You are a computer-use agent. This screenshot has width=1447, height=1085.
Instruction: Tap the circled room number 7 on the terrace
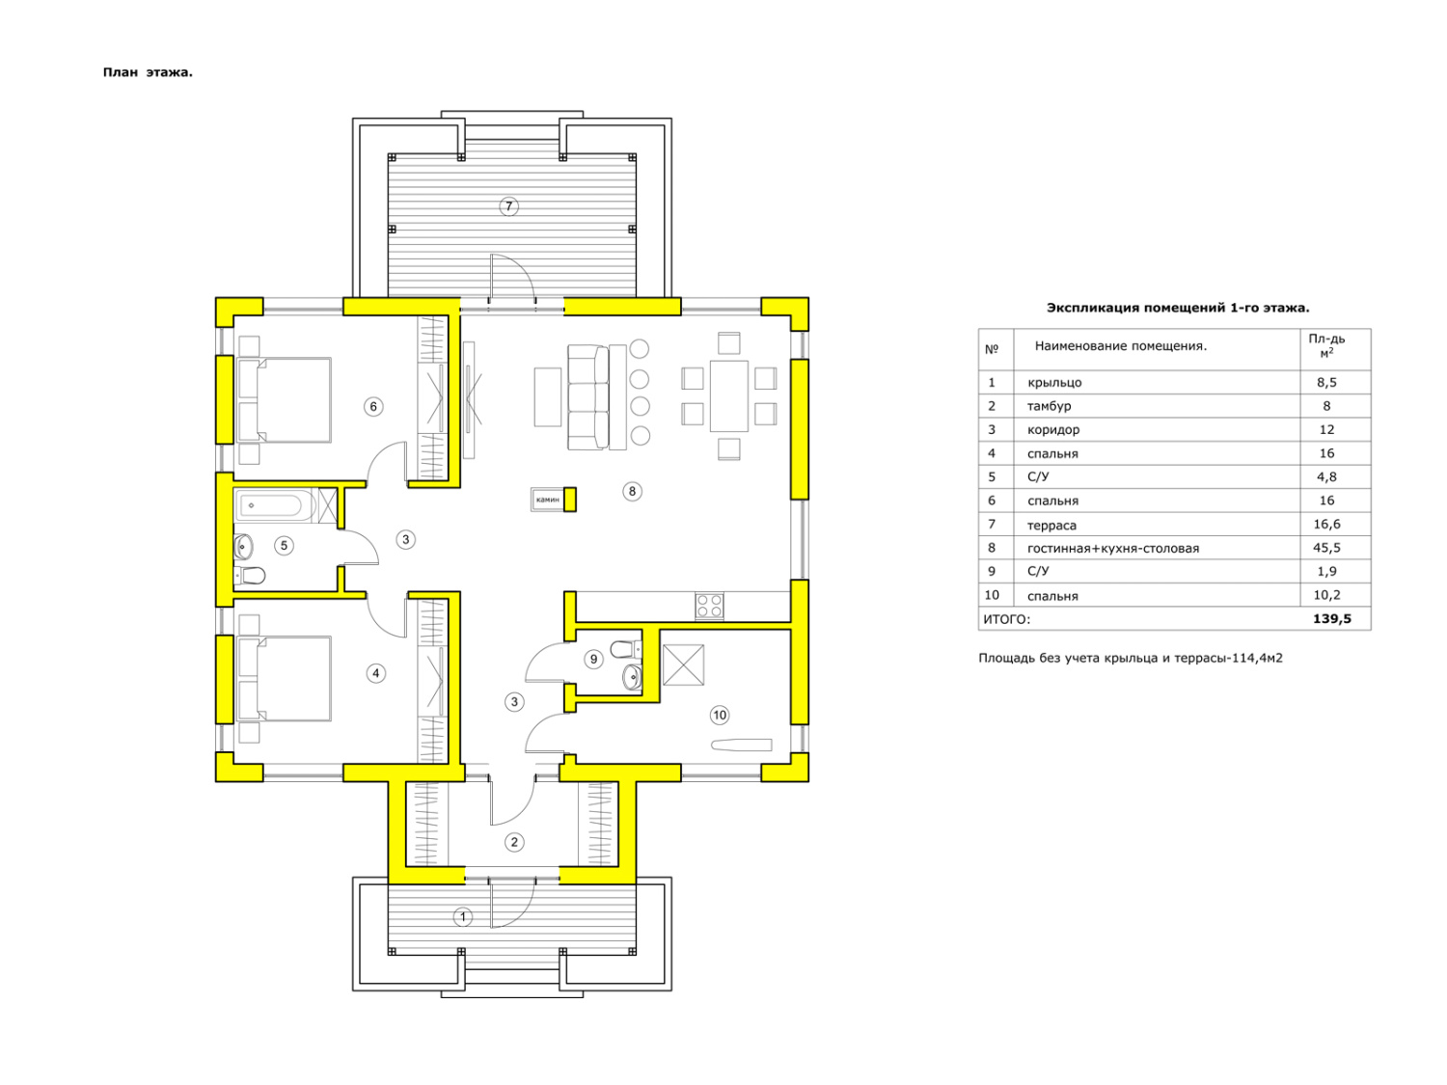(508, 206)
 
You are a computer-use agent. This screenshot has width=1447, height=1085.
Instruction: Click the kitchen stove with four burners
(709, 606)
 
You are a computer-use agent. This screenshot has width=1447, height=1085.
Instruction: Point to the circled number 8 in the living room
(632, 491)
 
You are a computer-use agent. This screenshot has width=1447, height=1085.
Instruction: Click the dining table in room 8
(728, 396)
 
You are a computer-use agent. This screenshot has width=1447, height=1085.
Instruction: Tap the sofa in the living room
(588, 397)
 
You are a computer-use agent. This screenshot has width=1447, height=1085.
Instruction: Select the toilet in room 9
(626, 649)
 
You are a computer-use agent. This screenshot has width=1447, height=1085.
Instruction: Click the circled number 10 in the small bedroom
(720, 715)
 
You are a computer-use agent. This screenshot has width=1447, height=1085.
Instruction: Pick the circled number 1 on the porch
(463, 916)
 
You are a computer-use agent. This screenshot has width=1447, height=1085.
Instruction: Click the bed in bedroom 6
(285, 400)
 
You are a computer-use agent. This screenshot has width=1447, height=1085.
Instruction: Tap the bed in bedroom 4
(285, 679)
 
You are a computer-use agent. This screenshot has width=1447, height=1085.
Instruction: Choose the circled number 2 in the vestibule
(514, 841)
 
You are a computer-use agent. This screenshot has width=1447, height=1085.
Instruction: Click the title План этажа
(148, 72)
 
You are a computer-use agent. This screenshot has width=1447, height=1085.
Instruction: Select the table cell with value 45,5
(1326, 548)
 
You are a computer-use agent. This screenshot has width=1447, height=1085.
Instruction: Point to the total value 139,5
(1331, 618)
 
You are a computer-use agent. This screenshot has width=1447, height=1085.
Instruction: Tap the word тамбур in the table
(1049, 406)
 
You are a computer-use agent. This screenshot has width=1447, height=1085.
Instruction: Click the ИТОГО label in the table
(1006, 619)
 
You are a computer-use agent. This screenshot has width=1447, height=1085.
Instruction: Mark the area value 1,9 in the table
(1326, 571)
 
